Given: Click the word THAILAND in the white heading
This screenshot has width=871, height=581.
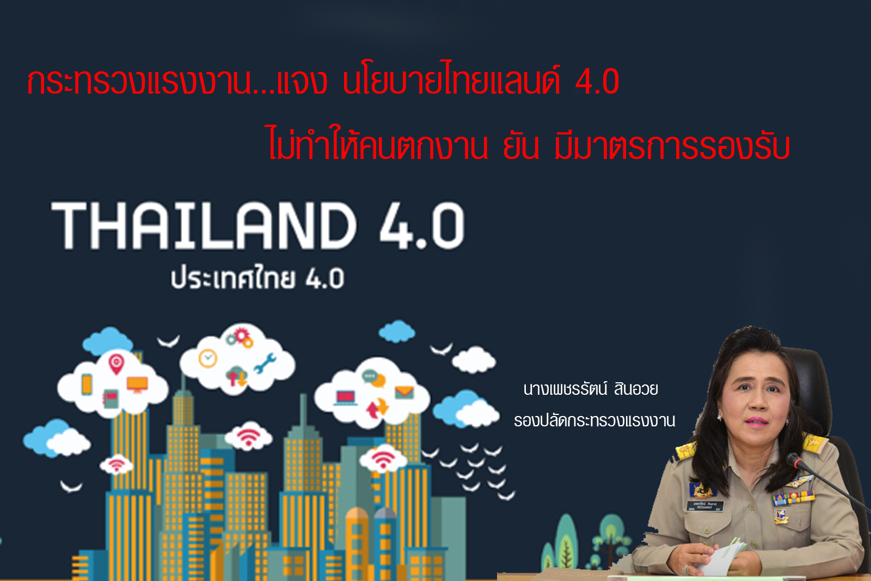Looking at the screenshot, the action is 204,225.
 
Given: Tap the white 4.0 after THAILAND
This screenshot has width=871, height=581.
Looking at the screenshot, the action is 422,225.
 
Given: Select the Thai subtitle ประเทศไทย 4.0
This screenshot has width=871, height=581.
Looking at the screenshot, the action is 257,277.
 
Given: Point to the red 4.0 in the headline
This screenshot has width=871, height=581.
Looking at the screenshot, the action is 597,82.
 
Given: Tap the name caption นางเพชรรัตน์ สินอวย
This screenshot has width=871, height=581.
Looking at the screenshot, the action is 591,389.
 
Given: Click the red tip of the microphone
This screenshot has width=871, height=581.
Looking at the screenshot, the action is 797,462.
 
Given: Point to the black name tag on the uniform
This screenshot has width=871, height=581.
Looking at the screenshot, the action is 704,506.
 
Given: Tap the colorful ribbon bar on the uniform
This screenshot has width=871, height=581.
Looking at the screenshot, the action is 793,498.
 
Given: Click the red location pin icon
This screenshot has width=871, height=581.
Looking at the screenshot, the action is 116,364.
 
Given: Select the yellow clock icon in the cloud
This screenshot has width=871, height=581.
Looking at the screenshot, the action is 207,358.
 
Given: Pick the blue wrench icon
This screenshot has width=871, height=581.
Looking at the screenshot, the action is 265,363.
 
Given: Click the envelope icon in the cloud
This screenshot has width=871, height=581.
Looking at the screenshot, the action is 404,392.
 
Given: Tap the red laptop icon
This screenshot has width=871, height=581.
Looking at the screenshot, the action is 345,398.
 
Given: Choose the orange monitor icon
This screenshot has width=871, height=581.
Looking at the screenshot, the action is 137,384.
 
